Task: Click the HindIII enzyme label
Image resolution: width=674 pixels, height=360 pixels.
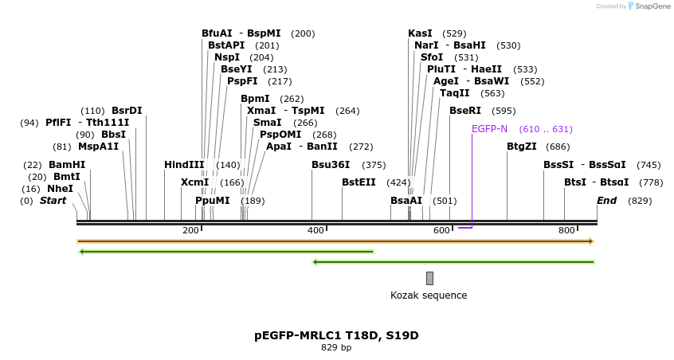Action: click(184, 165)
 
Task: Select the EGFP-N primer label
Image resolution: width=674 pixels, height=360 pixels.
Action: click(489, 129)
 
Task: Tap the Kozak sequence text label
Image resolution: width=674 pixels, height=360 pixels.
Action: click(429, 295)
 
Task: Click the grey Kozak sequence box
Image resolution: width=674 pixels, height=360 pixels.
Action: click(429, 278)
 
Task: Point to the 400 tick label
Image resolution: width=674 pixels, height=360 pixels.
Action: click(315, 230)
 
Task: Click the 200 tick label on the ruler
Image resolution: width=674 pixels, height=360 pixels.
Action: click(190, 230)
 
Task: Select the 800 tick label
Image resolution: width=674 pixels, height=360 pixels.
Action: click(566, 230)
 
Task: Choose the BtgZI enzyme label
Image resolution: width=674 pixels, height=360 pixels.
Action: click(527, 147)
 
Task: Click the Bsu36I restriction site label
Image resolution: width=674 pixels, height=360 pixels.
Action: click(331, 165)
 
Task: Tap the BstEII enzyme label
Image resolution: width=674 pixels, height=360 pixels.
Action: click(359, 182)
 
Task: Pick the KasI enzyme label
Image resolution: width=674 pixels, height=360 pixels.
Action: click(420, 33)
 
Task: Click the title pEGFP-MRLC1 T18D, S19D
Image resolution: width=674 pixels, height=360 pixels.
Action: click(336, 335)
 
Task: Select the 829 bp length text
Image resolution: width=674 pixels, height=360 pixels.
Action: click(336, 348)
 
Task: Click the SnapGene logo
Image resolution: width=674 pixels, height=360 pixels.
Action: click(651, 6)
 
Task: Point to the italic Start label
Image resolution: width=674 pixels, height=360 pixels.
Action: click(53, 201)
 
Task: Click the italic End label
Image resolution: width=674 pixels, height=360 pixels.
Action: click(607, 201)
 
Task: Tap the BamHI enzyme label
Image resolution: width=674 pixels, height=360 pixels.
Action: click(67, 165)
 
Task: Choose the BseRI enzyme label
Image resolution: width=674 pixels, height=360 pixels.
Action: click(465, 111)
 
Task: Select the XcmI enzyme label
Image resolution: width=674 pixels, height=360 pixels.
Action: click(194, 182)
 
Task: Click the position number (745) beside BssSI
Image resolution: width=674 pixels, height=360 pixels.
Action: click(649, 165)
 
